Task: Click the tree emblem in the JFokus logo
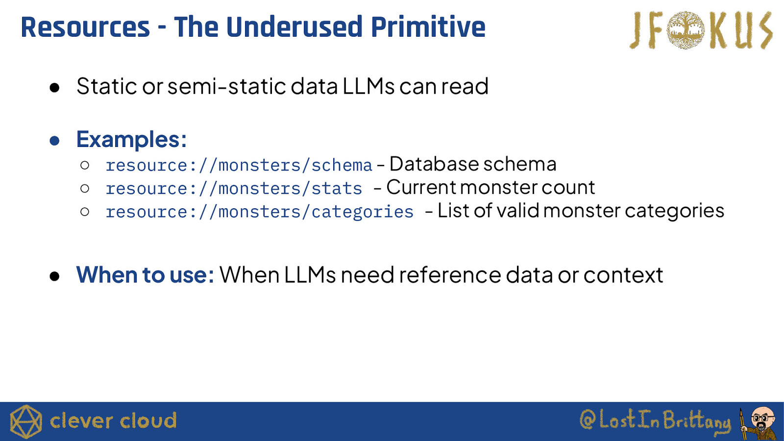pyautogui.click(x=686, y=30)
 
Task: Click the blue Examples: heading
pyautogui.click(x=131, y=140)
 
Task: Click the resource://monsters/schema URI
pyautogui.click(x=239, y=165)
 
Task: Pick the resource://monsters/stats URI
pyautogui.click(x=234, y=189)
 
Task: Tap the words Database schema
pyautogui.click(x=473, y=164)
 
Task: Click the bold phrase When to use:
pyautogui.click(x=145, y=275)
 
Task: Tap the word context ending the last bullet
pyautogui.click(x=623, y=275)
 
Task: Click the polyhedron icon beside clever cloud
pyautogui.click(x=26, y=421)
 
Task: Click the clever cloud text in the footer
pyautogui.click(x=113, y=421)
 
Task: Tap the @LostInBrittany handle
pyautogui.click(x=655, y=421)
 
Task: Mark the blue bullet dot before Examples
pyautogui.click(x=54, y=141)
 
